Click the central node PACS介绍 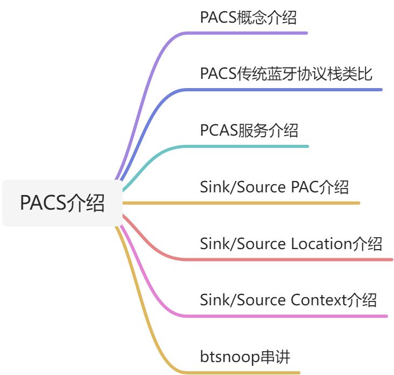click(62, 203)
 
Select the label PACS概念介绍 click(248, 17)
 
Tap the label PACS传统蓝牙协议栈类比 click(286, 73)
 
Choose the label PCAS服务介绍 click(249, 130)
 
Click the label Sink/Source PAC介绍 click(274, 187)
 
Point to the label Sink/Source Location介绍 click(291, 244)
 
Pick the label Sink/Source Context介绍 click(288, 299)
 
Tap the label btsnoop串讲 click(245, 357)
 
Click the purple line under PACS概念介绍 click(248, 33)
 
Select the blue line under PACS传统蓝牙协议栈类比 click(286, 89)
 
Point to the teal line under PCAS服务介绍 click(249, 146)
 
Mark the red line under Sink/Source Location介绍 click(291, 259)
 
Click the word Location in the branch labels click(321, 244)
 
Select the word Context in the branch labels click(319, 299)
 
